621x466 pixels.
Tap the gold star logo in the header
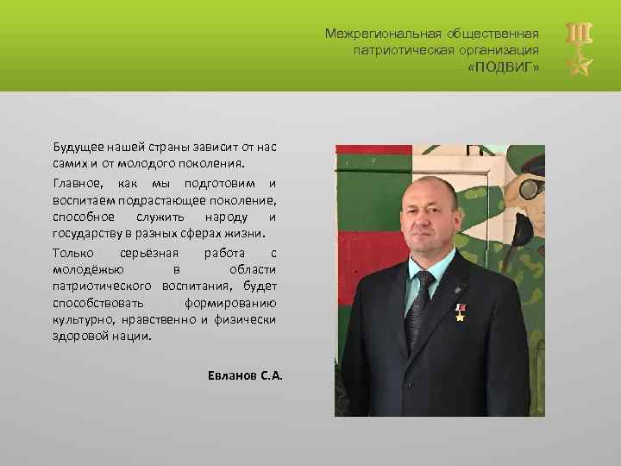tap(577, 63)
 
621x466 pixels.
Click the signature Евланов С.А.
tap(245, 376)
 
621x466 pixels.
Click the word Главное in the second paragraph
tap(76, 184)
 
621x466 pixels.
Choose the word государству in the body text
tap(87, 233)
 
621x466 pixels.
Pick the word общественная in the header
tap(492, 34)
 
